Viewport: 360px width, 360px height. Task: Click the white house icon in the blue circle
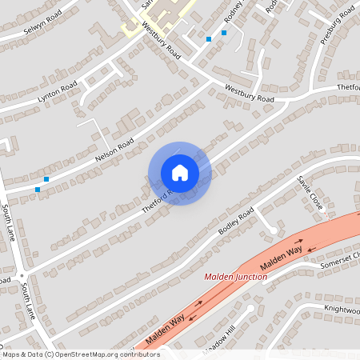tap(179, 173)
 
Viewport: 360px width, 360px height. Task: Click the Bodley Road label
tap(236, 221)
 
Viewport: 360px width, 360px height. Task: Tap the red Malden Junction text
tap(235, 276)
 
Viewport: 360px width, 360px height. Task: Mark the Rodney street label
tap(232, 14)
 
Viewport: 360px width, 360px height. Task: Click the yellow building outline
tap(160, 18)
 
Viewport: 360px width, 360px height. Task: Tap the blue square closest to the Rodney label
tap(224, 33)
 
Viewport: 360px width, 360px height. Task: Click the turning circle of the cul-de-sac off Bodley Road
tap(273, 230)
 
